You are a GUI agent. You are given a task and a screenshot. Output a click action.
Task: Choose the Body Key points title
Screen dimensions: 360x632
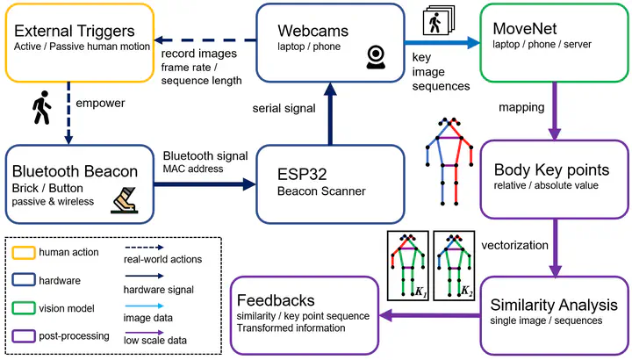[550, 169]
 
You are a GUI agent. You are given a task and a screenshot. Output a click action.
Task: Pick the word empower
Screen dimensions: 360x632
[100, 103]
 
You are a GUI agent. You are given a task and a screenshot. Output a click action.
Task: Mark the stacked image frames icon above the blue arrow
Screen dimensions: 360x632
[436, 22]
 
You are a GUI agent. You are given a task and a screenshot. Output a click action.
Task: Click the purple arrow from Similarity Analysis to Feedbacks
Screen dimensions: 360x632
[429, 316]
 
